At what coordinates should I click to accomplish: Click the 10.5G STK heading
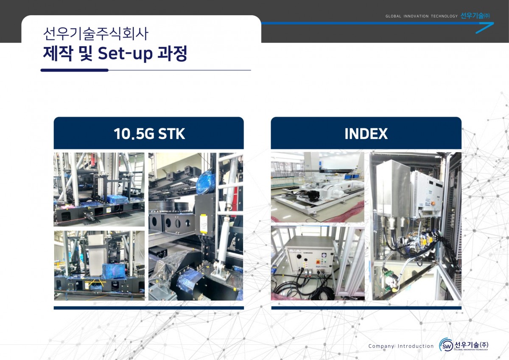pos(149,134)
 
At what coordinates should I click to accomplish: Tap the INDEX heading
pos(366,134)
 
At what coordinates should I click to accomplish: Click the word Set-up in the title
pos(125,53)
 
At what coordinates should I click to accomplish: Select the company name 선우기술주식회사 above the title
pos(96,33)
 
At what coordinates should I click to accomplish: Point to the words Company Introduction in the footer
pos(401,346)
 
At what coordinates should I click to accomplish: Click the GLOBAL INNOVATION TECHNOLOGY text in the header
pos(422,16)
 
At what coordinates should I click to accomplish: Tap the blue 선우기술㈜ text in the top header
pos(475,16)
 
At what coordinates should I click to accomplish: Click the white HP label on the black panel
pos(204,224)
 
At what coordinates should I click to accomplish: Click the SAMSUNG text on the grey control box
pos(308,253)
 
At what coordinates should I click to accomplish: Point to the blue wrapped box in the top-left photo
pos(118,199)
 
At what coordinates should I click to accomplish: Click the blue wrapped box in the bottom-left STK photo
pos(114,270)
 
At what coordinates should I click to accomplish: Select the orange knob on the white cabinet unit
pos(433,203)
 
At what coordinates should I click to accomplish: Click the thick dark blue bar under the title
pos(75,70)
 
